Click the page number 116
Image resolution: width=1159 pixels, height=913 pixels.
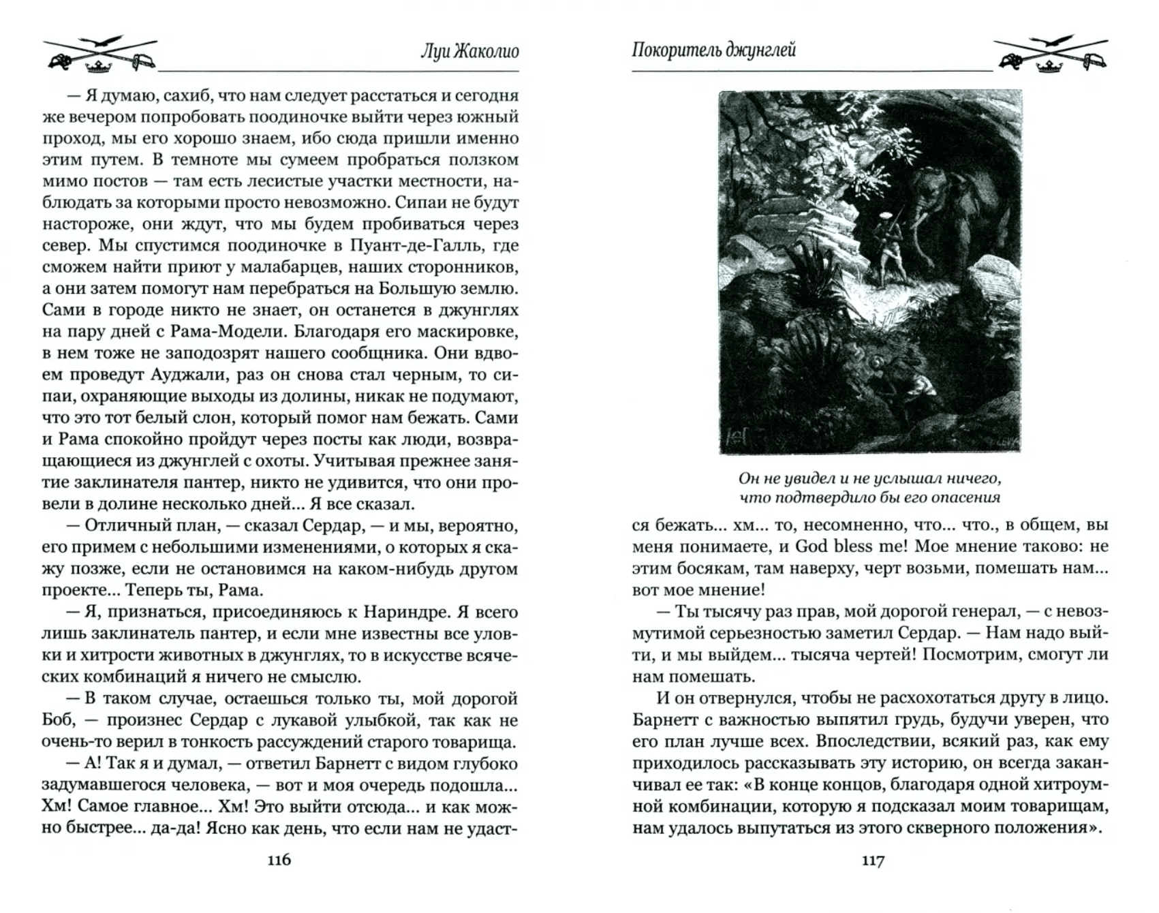(280, 860)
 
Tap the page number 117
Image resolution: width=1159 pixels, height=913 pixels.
(873, 861)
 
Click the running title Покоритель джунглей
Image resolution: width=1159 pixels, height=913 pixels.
(713, 50)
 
